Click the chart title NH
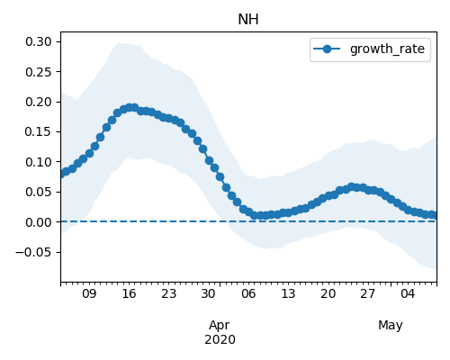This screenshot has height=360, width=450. click(248, 20)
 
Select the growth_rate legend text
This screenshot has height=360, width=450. click(387, 49)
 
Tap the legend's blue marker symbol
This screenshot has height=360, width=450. click(327, 49)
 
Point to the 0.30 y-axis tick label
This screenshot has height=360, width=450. click(39, 41)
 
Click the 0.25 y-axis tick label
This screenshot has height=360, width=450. click(39, 72)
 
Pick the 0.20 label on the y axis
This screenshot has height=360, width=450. click(39, 102)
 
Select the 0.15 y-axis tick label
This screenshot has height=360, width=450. click(39, 131)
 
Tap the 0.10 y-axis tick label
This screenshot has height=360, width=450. click(39, 162)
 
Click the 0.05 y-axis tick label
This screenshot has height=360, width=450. click(39, 192)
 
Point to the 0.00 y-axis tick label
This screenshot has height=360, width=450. click(39, 222)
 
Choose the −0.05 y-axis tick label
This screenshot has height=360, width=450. click(34, 252)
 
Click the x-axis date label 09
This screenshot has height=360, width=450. click(89, 293)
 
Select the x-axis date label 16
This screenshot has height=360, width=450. click(129, 293)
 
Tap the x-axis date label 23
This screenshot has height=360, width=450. click(168, 293)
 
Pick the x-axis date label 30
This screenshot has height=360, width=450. click(208, 293)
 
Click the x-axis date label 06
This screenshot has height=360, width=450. click(248, 293)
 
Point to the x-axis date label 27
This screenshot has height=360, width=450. click(367, 293)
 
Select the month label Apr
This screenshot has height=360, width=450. click(220, 326)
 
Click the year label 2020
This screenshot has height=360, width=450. click(220, 340)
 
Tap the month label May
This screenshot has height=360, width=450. click(391, 326)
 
